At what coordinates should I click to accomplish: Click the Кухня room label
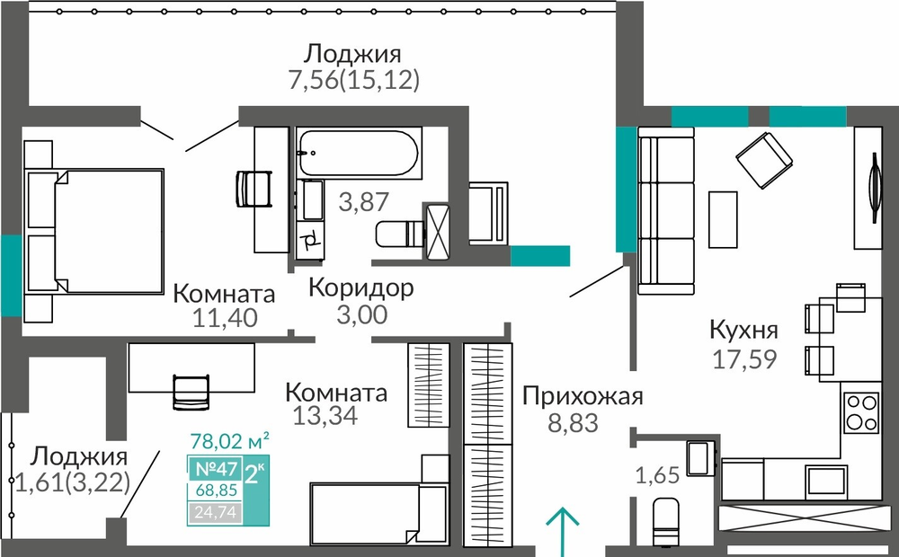(x=743, y=330)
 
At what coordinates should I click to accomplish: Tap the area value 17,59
(x=744, y=359)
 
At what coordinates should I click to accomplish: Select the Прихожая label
(x=583, y=396)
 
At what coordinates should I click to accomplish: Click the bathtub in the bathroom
(x=359, y=153)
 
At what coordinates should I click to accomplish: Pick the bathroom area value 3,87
(x=363, y=202)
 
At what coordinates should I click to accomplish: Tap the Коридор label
(x=360, y=287)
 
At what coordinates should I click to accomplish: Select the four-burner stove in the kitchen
(x=861, y=412)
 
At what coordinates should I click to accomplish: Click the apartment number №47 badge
(x=216, y=469)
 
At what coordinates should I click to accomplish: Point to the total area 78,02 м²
(x=229, y=442)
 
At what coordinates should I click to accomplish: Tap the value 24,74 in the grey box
(x=215, y=512)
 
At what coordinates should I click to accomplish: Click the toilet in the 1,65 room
(x=666, y=521)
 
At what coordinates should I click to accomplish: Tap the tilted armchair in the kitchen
(x=764, y=160)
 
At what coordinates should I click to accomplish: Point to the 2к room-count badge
(x=254, y=474)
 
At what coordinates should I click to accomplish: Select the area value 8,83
(x=573, y=423)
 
